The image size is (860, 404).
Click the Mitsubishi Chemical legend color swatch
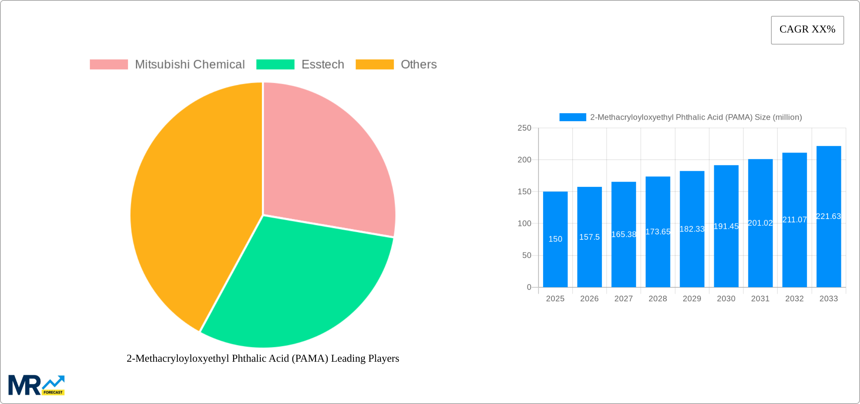pos(109,65)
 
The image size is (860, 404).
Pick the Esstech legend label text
pos(322,65)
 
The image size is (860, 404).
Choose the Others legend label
pos(418,65)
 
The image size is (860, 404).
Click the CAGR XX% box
pos(807,30)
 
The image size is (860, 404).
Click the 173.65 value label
pos(658,231)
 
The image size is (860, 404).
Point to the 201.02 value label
pos(760,223)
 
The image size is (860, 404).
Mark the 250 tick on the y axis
pos(524,128)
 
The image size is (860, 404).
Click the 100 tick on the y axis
pos(524,224)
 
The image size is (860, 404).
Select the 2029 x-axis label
pos(692,299)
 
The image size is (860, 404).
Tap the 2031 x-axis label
pos(760,299)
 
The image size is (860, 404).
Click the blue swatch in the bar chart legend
pos(573,117)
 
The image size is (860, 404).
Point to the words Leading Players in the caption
pos(365,358)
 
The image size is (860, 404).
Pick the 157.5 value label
pos(589,237)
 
